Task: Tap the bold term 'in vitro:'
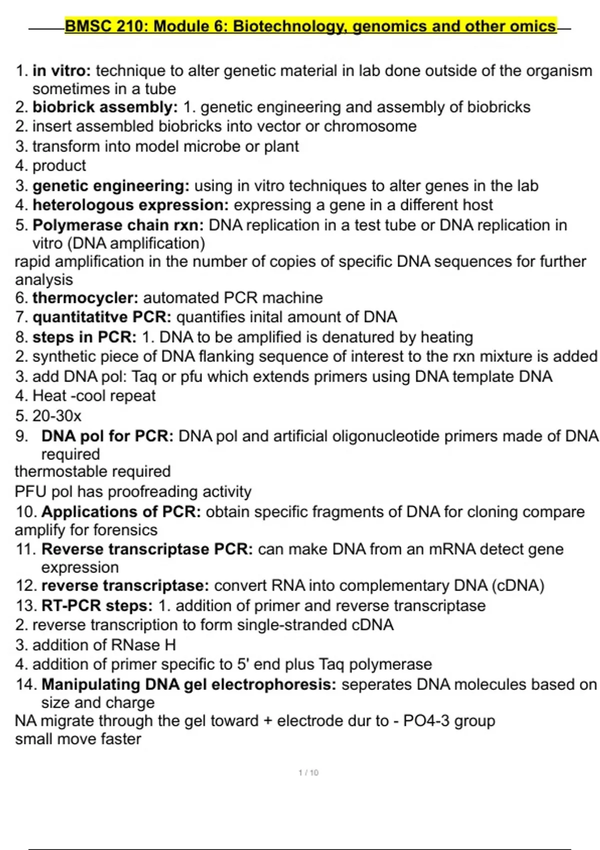pos(61,70)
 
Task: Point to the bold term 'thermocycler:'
pos(85,298)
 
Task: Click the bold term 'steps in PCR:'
pos(84,337)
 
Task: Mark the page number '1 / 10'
pos(308,772)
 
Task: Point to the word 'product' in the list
pos(59,165)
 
